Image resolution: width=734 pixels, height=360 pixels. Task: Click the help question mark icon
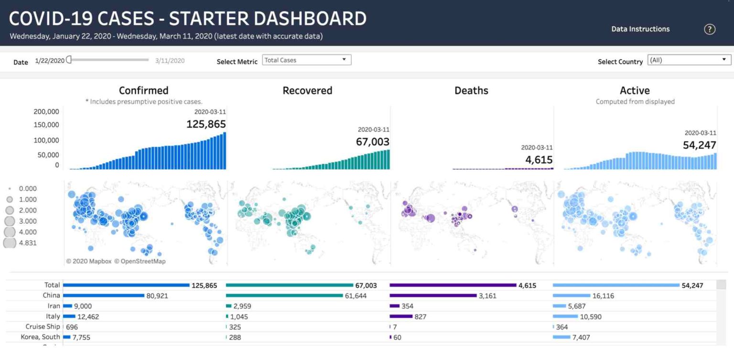710,29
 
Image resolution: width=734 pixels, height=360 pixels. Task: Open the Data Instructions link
640,29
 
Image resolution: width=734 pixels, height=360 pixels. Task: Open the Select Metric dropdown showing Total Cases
306,60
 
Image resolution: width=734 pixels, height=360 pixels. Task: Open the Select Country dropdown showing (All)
689,60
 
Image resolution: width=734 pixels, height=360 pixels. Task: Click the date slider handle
69,60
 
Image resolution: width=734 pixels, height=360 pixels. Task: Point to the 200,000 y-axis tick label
46,112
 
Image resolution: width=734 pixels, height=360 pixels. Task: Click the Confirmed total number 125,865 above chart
206,124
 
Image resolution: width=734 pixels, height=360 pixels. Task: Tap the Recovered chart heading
307,90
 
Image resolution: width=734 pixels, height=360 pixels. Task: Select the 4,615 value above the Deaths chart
539,160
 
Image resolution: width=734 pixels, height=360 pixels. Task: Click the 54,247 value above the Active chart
699,145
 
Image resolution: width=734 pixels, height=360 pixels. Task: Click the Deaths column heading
471,90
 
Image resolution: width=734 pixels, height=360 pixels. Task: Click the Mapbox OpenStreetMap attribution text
116,262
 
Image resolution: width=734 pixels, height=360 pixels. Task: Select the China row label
51,295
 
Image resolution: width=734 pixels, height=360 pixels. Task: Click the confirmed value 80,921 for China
157,296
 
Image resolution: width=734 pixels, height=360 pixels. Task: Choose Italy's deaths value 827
420,316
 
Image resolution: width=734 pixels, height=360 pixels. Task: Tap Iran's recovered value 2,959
242,306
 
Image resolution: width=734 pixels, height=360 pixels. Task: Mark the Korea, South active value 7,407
581,338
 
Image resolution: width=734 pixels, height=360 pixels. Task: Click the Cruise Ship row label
43,327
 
